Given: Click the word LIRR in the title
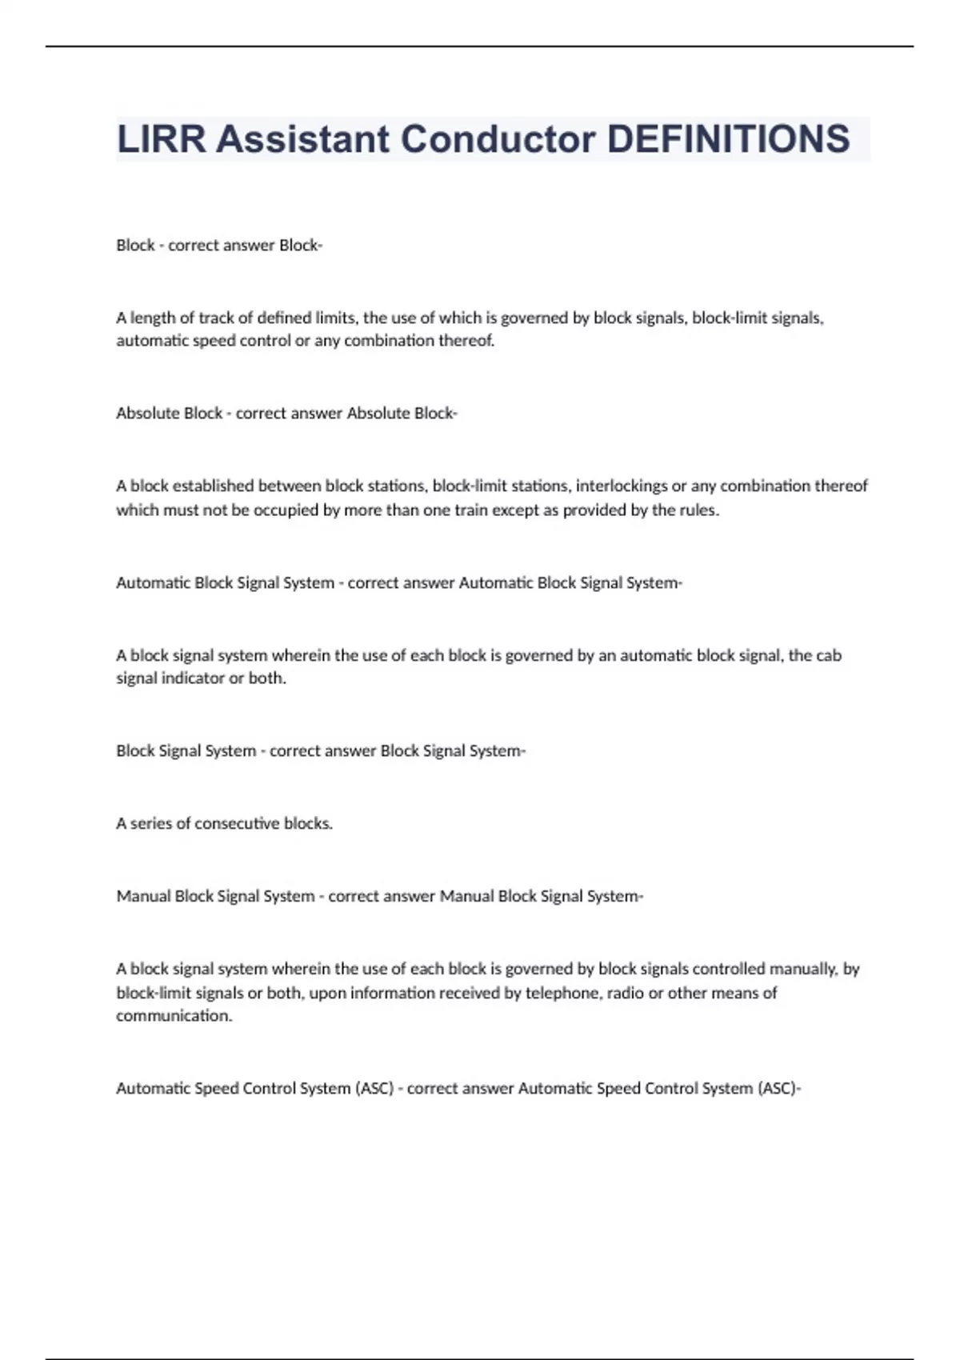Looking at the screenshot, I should (x=161, y=139).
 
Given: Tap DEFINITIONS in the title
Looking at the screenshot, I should (x=728, y=139).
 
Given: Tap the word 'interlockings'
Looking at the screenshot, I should (x=622, y=486).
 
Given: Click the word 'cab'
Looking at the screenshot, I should (x=828, y=655).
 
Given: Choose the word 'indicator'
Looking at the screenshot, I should (x=194, y=678).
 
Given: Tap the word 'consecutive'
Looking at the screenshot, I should (x=237, y=823).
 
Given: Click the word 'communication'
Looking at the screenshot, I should (x=174, y=1016).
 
